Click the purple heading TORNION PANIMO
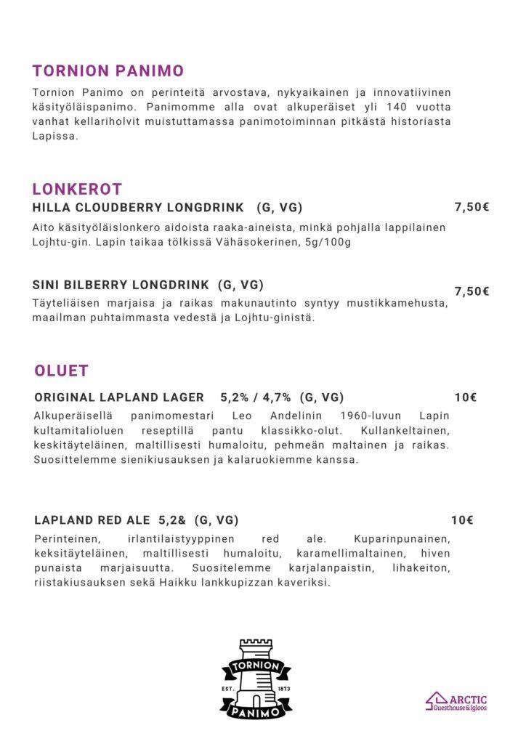[x=108, y=70]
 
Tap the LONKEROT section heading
[x=77, y=190]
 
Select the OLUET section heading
[x=62, y=371]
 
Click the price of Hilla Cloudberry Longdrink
[x=472, y=207]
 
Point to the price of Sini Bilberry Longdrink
[x=472, y=291]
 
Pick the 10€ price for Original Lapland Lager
[x=466, y=397]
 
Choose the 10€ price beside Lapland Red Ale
[x=462, y=519]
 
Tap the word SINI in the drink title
[x=46, y=284]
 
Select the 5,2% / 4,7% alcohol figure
[x=256, y=397]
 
